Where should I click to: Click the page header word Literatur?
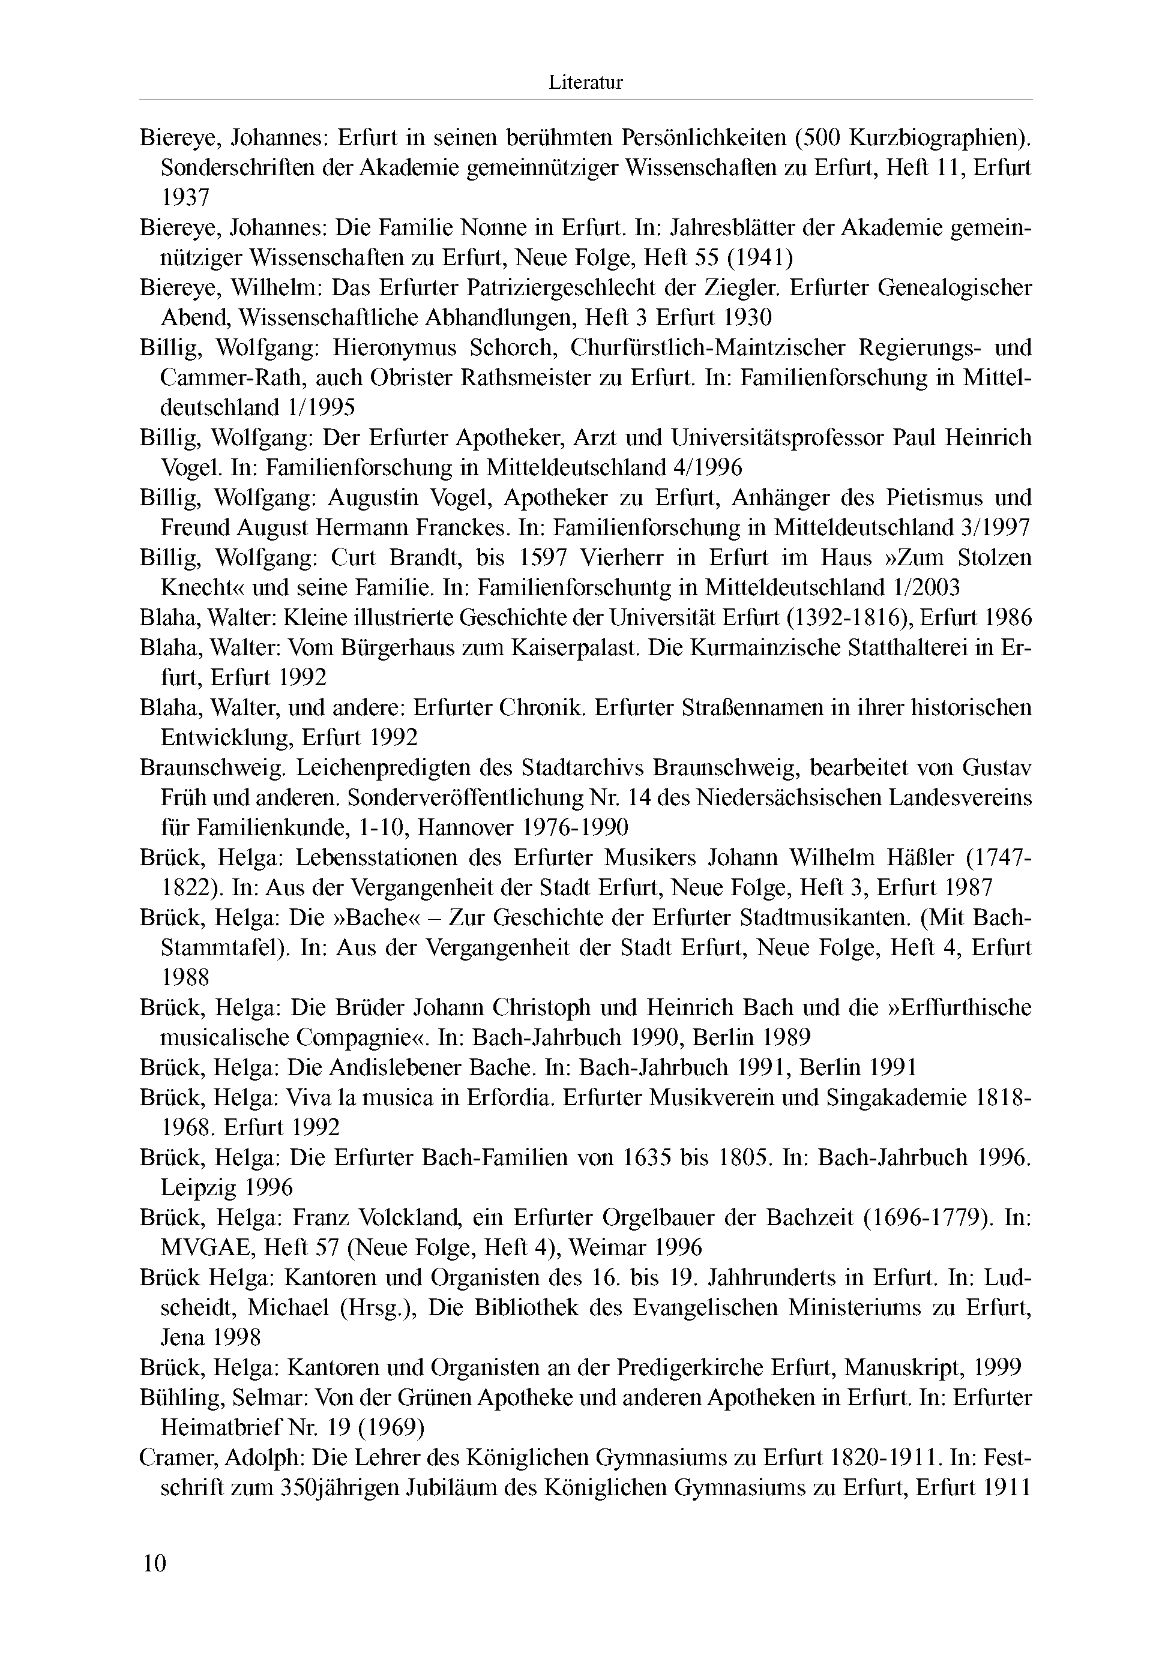(585, 83)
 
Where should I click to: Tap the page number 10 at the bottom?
(154, 1563)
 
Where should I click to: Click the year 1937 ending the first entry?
(185, 197)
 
